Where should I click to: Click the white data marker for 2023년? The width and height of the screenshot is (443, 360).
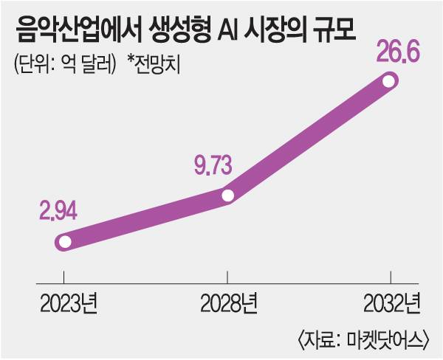[x=64, y=241]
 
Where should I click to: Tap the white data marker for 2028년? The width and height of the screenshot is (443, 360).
[x=227, y=195]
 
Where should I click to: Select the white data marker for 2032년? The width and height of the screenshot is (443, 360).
[x=389, y=82]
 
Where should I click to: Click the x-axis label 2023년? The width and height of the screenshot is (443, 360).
[x=64, y=302]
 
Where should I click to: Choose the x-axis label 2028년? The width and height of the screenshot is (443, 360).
[x=228, y=302]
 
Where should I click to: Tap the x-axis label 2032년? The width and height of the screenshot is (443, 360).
[x=391, y=302]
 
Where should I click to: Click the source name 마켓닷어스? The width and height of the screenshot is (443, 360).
[x=385, y=339]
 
